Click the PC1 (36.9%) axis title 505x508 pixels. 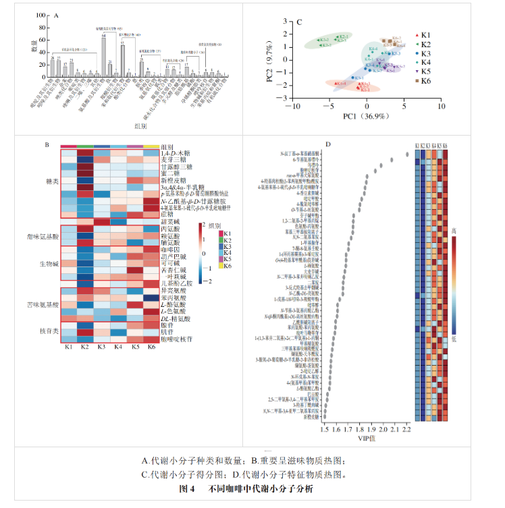click(x=365, y=117)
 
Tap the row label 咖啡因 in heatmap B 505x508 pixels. click(x=169, y=249)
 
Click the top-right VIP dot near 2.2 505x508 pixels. click(x=407, y=154)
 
